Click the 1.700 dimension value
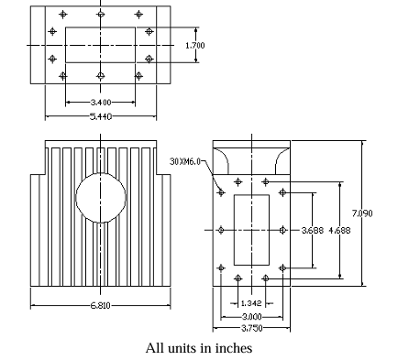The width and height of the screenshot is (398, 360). pos(193,44)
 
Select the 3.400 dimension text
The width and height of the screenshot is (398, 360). pos(101,102)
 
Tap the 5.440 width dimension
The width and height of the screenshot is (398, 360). pos(101,116)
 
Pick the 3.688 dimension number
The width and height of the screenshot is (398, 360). pos(312,232)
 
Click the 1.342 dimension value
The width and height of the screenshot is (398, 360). pos(251,302)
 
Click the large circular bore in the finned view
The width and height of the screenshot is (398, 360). pos(100,195)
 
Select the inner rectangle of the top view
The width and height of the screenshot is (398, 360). pos(101,44)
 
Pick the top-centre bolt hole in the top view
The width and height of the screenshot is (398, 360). pos(101,15)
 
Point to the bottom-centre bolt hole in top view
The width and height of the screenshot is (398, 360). pos(101,75)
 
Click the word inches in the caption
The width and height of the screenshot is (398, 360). pos(231,348)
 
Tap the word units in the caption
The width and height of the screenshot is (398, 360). pos(182,348)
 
